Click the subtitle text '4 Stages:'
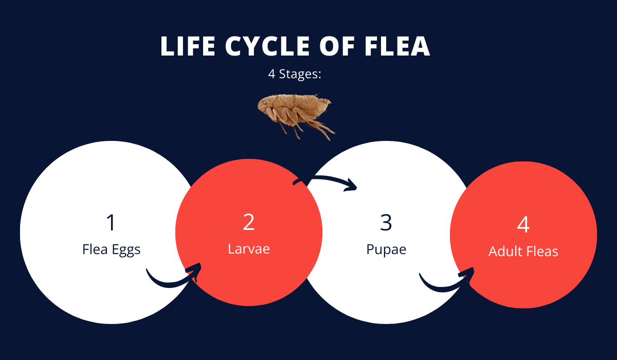pyautogui.click(x=295, y=74)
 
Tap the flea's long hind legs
pyautogui.click(x=321, y=129)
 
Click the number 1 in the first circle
pyautogui.click(x=111, y=223)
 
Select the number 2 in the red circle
pyautogui.click(x=249, y=222)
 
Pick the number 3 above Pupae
pyautogui.click(x=386, y=222)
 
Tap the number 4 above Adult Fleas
pyautogui.click(x=523, y=225)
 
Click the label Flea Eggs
pyautogui.click(x=111, y=249)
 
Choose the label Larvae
pyautogui.click(x=249, y=249)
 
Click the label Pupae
pyautogui.click(x=386, y=249)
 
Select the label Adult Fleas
pyautogui.click(x=523, y=251)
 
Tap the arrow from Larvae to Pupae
pyautogui.click(x=326, y=182)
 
